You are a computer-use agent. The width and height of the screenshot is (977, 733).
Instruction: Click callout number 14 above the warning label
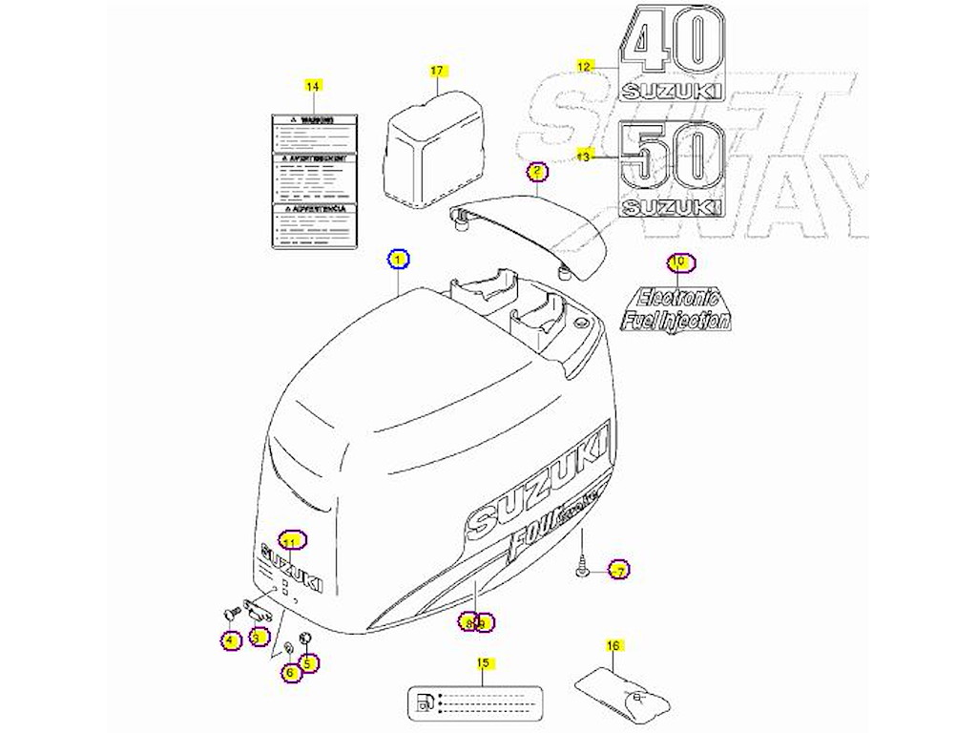click(311, 86)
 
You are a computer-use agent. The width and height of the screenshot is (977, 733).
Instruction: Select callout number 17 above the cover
click(437, 71)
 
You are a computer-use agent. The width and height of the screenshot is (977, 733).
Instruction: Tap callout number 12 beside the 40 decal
click(585, 66)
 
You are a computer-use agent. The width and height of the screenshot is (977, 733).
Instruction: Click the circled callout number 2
click(537, 172)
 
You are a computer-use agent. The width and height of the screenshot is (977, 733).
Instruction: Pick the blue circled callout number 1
click(398, 258)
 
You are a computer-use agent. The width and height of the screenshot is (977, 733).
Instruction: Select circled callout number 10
click(678, 262)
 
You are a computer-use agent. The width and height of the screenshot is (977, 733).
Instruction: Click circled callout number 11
click(292, 540)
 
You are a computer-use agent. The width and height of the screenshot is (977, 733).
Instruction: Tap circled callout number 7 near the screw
click(618, 572)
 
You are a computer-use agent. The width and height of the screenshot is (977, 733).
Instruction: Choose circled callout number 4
click(230, 640)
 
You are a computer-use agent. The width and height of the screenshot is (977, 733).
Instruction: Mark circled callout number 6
click(291, 672)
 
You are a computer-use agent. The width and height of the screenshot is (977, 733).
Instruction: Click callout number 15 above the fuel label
click(482, 662)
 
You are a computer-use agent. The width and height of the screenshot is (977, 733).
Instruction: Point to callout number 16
click(613, 646)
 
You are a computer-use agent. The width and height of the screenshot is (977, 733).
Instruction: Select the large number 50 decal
click(672, 157)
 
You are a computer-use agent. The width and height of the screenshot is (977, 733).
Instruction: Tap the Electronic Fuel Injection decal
click(676, 308)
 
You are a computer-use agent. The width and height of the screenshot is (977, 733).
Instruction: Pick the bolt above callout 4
click(228, 610)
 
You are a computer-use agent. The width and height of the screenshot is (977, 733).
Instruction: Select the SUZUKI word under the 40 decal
click(672, 92)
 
